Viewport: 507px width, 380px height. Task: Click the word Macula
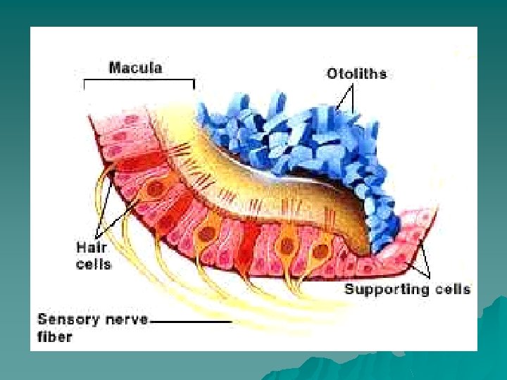(x=136, y=68)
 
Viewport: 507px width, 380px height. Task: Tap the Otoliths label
(x=356, y=72)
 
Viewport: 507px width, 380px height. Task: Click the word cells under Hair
(x=93, y=265)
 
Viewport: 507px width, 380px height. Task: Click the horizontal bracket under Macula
(x=139, y=81)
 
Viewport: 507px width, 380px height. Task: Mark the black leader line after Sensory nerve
(x=191, y=321)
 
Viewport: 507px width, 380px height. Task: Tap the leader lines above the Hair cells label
(x=106, y=204)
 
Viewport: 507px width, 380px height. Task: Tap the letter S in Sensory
(x=43, y=319)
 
